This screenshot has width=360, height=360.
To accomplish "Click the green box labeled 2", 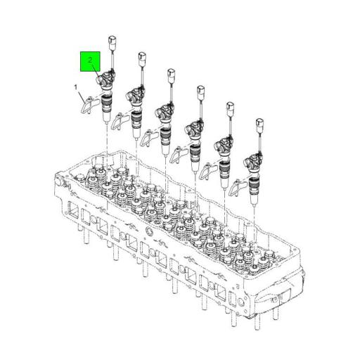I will pos(90,62).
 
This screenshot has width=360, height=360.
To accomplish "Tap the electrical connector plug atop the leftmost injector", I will pos(111,39).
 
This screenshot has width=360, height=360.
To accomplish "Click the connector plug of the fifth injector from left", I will pos(229,108).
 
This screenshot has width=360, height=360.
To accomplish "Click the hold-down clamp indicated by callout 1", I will pos(85,105).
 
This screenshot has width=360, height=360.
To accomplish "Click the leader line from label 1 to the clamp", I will pos(80,94).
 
